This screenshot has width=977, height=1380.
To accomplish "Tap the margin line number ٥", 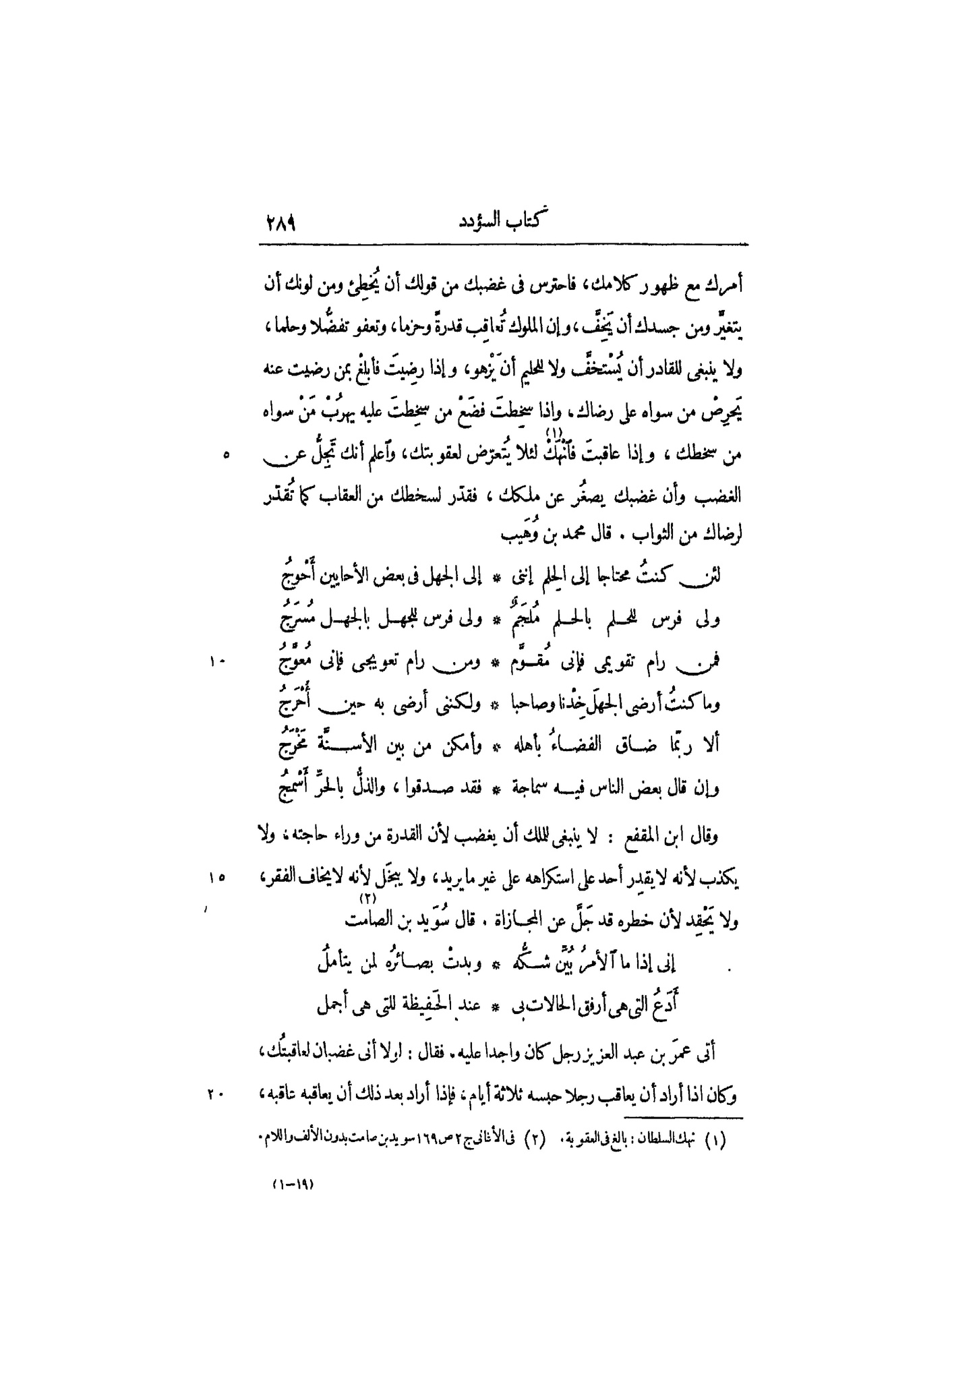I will [x=227, y=456].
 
